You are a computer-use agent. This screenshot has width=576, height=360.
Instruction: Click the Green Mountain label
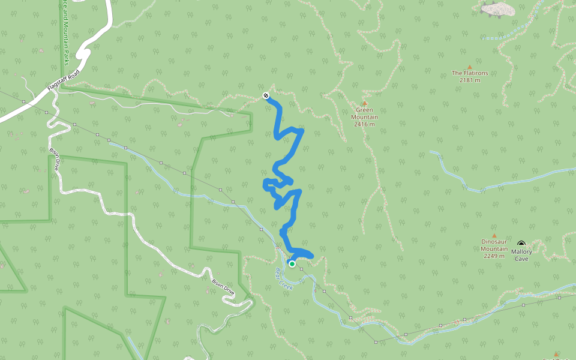tap(364, 113)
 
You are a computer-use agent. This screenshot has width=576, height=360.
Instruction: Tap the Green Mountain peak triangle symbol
tap(364, 103)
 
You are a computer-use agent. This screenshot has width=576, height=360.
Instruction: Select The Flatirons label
tap(469, 73)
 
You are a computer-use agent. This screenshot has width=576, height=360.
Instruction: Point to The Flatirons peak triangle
tap(469, 67)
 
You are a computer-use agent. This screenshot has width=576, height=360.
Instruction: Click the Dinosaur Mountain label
tap(494, 245)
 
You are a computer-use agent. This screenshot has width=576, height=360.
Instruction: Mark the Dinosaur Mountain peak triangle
tap(494, 235)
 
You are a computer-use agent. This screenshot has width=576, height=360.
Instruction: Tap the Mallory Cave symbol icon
tap(520, 243)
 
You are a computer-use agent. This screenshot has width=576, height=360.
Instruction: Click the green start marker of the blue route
tap(292, 263)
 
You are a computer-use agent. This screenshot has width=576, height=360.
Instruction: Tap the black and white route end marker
tap(265, 95)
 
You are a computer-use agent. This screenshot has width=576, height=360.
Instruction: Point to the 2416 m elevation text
tap(364, 124)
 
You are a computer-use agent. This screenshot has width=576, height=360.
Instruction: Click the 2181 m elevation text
tap(469, 80)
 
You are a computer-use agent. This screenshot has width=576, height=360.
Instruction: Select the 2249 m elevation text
tap(494, 256)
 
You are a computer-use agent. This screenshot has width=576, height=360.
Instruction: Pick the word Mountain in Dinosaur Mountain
tap(494, 249)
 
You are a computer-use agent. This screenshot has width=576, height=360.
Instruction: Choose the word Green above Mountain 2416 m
tap(364, 110)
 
